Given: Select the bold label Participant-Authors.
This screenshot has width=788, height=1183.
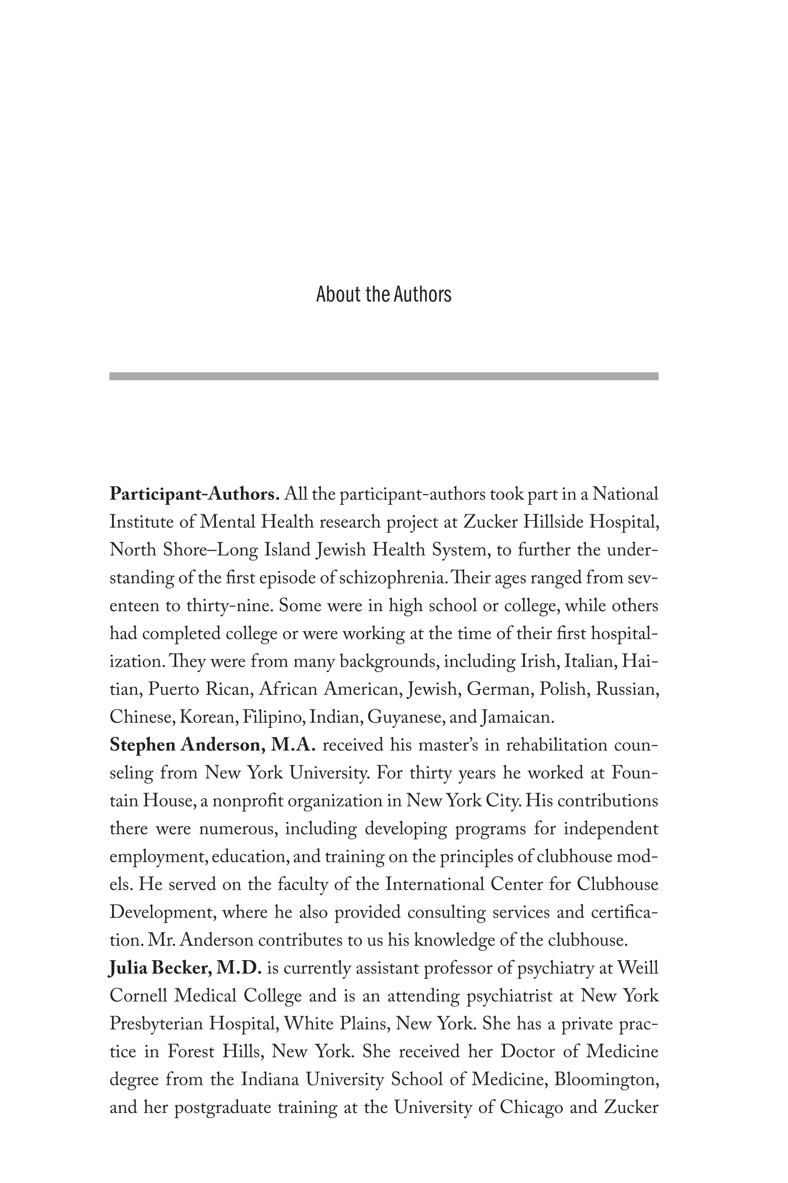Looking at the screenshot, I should (x=194, y=495).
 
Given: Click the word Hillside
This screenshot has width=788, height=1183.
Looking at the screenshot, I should (x=553, y=522).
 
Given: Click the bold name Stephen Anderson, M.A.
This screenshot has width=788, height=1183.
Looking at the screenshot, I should (x=212, y=745).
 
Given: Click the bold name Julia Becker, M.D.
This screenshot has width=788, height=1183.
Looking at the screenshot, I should (x=185, y=968).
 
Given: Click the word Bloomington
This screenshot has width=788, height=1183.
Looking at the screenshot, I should (x=605, y=1079).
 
